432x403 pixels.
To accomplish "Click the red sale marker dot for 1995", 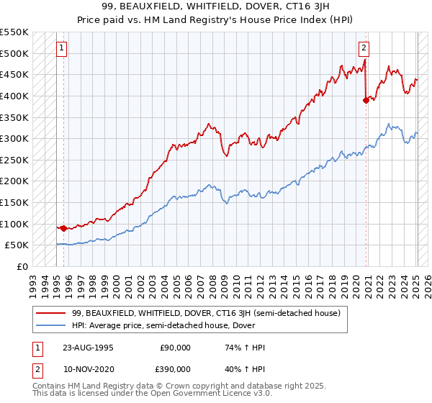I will (63, 228).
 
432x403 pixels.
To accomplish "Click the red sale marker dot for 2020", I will (365, 100).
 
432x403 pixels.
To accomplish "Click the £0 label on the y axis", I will (22, 266).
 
